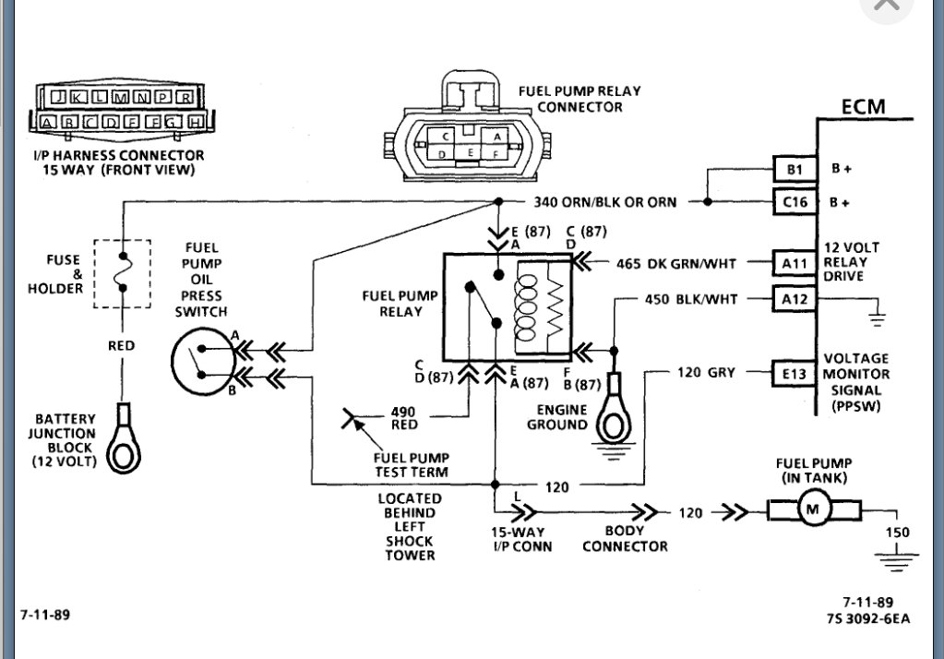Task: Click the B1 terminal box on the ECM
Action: click(x=793, y=170)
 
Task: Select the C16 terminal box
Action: click(x=793, y=201)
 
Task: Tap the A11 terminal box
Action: click(x=793, y=264)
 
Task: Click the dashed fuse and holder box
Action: click(x=121, y=273)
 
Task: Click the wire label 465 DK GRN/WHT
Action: click(x=676, y=264)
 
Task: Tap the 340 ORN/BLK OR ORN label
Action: click(x=604, y=201)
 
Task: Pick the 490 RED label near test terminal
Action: click(x=403, y=418)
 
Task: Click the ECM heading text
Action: click(x=863, y=106)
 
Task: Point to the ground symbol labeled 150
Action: click(x=896, y=554)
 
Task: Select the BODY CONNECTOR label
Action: click(x=625, y=538)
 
